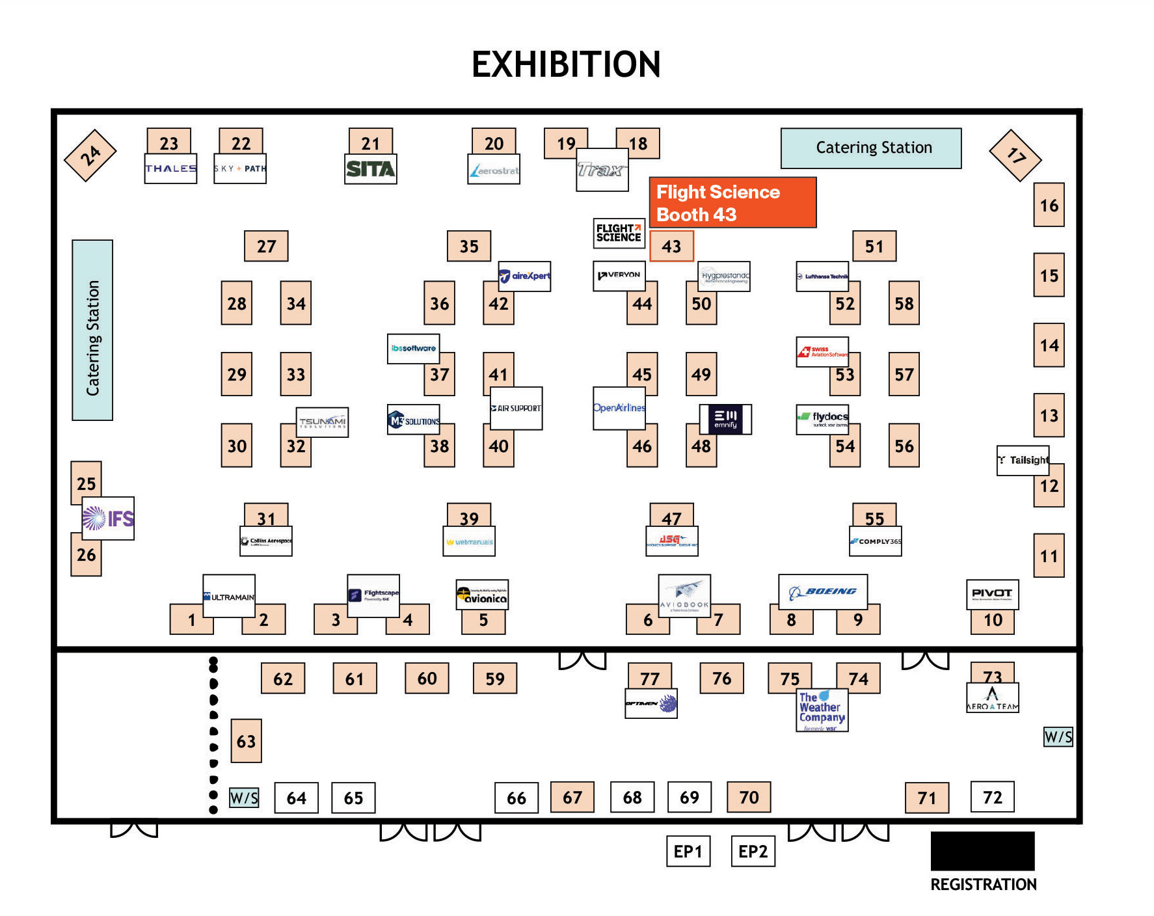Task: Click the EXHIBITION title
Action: coord(566,64)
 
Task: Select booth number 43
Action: coord(671,247)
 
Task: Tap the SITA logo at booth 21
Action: coord(370,169)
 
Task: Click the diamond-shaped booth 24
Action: coord(90,155)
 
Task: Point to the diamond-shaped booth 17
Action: coord(1015,155)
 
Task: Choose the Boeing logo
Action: coord(823,591)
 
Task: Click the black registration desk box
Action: coord(982,850)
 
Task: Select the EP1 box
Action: coord(688,851)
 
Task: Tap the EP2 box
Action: coord(753,851)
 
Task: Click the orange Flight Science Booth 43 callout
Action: coord(732,203)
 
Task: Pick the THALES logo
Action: coord(170,168)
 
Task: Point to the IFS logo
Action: coord(108,519)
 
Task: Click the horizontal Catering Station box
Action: coord(871,148)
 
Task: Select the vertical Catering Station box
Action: coord(92,330)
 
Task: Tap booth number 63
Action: coord(246,741)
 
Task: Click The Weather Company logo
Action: coord(822,710)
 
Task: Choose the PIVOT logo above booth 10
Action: coord(992,593)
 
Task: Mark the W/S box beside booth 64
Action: coord(244,798)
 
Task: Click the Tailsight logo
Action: coord(1023,460)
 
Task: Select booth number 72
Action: coord(992,798)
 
